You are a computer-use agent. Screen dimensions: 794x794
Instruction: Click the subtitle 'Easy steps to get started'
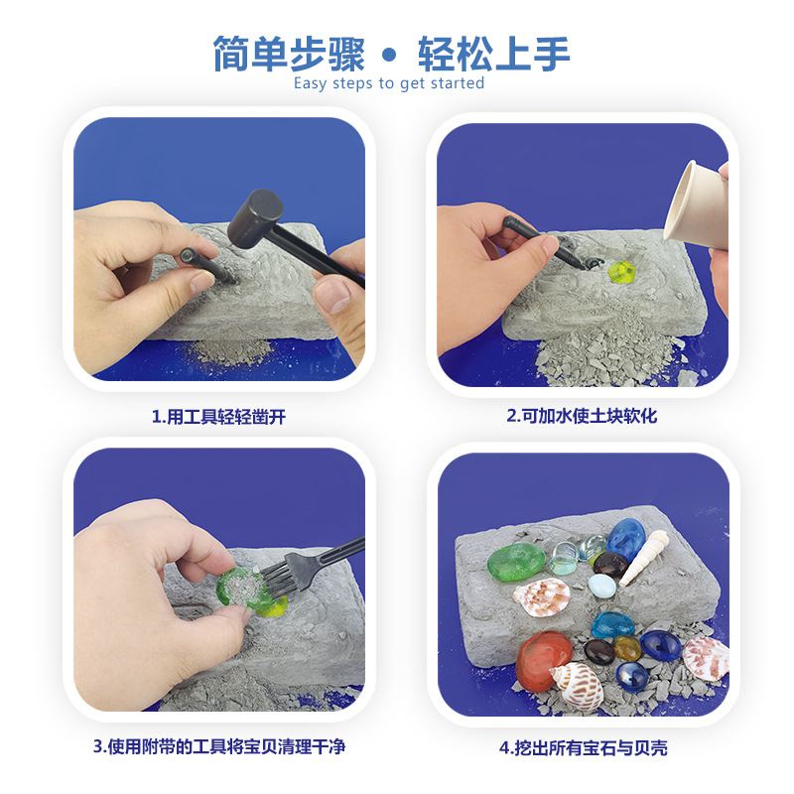coord(389,83)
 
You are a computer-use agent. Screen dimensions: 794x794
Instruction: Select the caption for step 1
coord(218,417)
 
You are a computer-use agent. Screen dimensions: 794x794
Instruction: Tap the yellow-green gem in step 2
coord(622,272)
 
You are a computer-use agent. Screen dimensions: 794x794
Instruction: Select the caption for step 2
coord(582,417)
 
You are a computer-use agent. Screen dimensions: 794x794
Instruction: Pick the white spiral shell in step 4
coord(655,550)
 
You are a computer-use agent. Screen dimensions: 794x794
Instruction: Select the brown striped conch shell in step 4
coord(576,683)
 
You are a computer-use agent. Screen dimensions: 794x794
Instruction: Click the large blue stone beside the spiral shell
coord(625,539)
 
